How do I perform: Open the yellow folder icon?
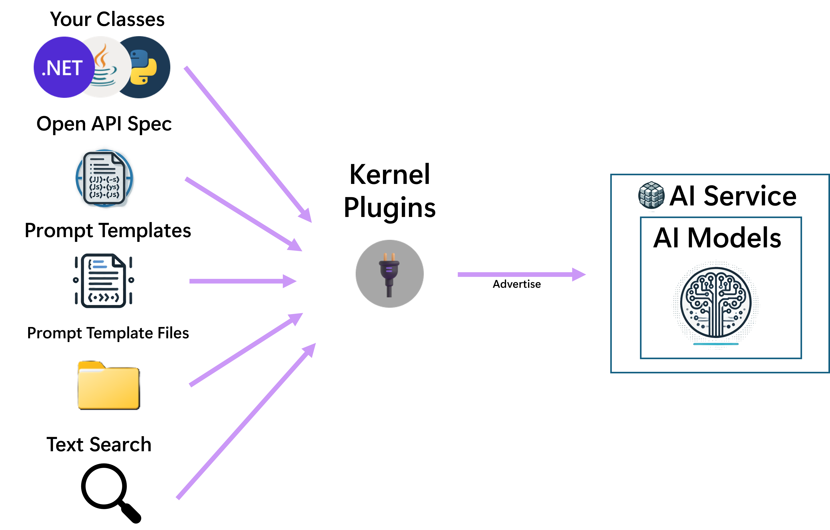point(108,386)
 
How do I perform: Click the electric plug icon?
point(389,274)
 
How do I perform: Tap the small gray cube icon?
point(651,195)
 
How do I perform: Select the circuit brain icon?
point(716,303)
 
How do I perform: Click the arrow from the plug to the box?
point(517,274)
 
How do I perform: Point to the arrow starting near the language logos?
point(245,141)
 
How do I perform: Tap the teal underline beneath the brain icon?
point(716,344)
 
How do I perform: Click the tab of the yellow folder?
point(90,365)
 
